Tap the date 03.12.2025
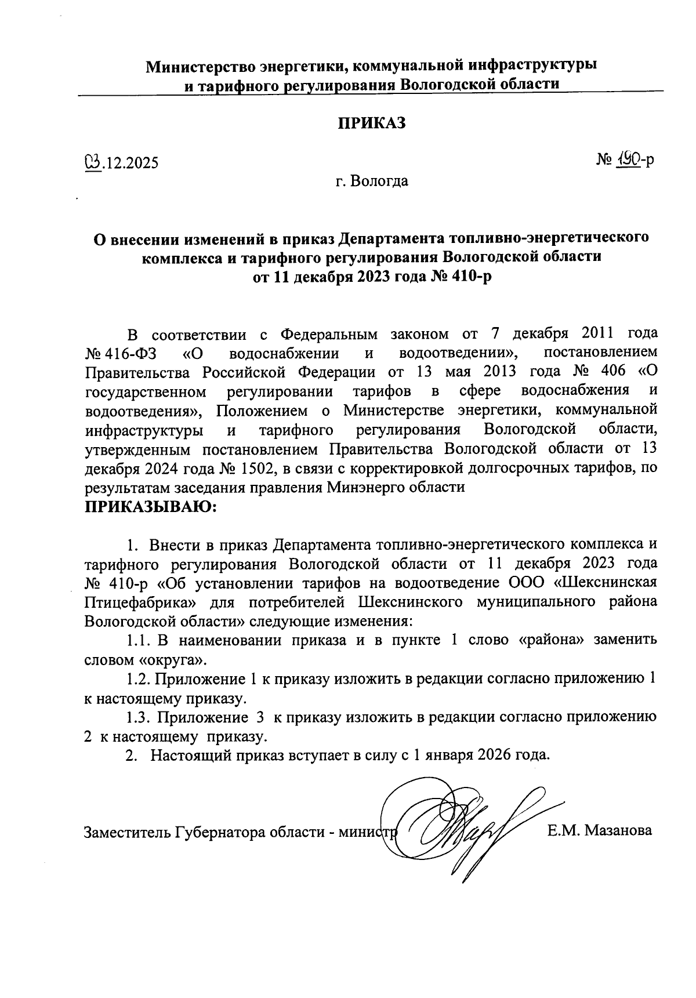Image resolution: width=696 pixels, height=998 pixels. coord(121,163)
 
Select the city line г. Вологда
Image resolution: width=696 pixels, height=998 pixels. coord(371,182)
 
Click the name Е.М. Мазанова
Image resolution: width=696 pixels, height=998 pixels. coord(600,831)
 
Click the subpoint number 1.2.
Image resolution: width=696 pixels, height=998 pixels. coord(139,678)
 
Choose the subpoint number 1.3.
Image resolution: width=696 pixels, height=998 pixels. coord(139,717)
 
